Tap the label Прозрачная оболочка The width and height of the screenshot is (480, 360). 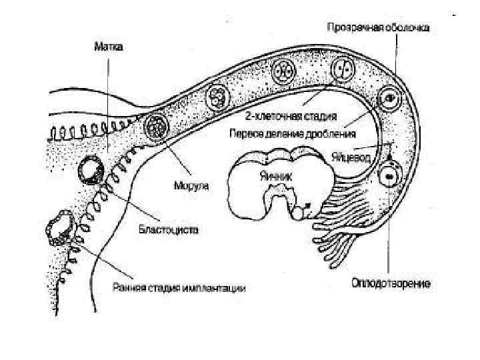coord(378,29)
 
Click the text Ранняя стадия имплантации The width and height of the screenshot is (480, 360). coord(179,289)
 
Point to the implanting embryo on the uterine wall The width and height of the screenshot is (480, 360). coord(59,229)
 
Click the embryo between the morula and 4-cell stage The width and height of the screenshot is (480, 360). coord(220,96)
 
